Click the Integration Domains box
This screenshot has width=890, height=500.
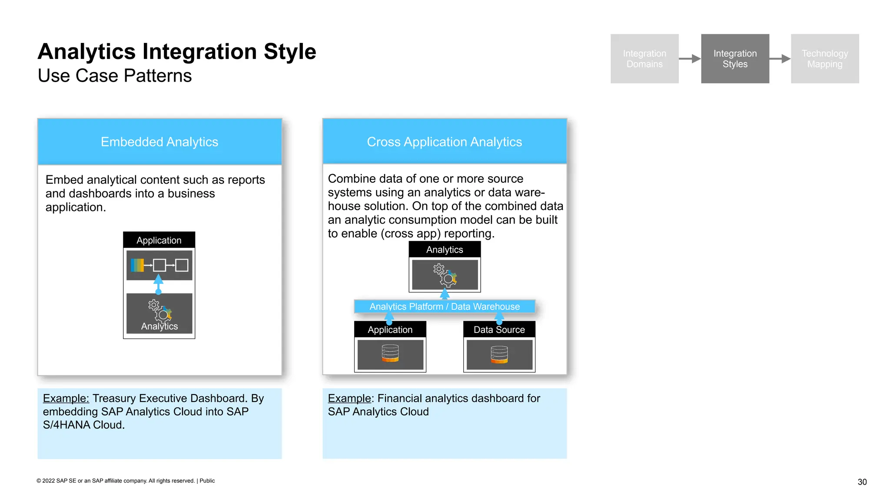[x=644, y=59]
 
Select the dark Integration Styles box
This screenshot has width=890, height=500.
[x=734, y=59]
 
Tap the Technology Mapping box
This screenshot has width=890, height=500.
[x=824, y=59]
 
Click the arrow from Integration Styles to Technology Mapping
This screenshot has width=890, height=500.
[x=780, y=59]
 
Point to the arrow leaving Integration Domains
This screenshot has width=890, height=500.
[x=689, y=59]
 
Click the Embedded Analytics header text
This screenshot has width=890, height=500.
[x=159, y=142]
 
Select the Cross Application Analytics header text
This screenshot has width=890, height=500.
[x=444, y=142]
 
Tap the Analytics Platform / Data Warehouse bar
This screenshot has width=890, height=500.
[x=444, y=306]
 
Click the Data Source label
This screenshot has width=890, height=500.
[x=499, y=329]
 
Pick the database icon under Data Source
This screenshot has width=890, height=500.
[x=499, y=354]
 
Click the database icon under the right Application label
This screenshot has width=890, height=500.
[x=390, y=354]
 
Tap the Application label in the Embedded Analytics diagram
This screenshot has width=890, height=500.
[x=159, y=240]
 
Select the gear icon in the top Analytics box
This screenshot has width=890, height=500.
[x=445, y=275]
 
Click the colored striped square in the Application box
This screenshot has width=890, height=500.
[x=137, y=265]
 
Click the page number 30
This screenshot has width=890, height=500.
[x=862, y=482]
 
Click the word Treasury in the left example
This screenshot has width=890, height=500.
[x=114, y=398]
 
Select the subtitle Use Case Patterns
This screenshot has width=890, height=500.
[x=115, y=76]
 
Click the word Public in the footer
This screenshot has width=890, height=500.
[x=207, y=480]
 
